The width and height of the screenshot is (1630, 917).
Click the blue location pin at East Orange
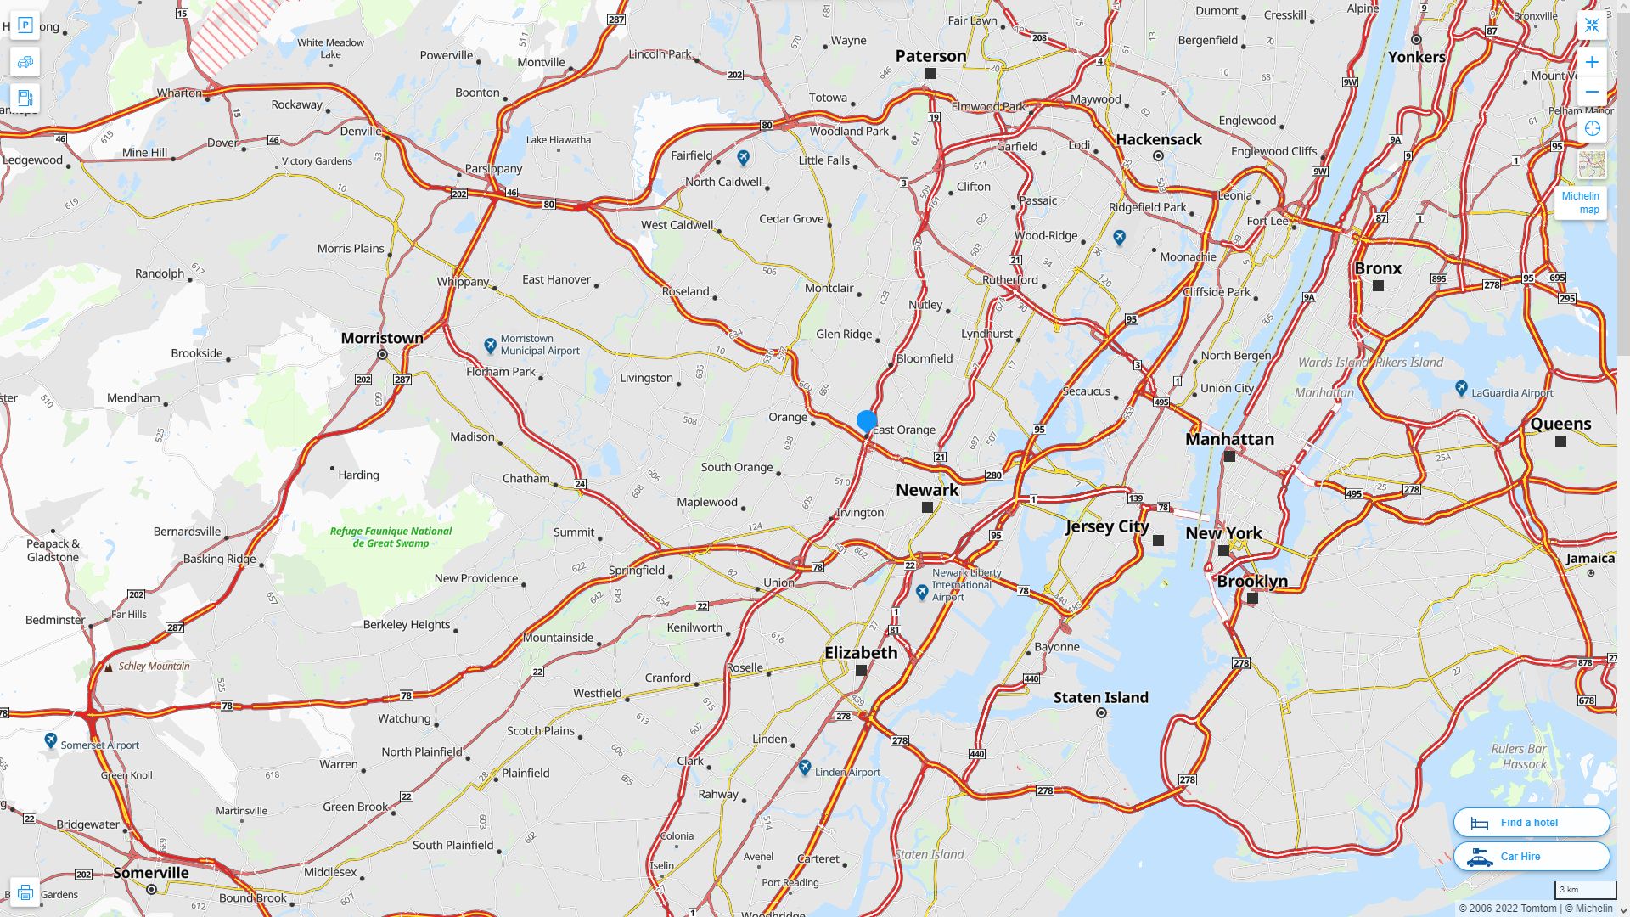click(x=866, y=421)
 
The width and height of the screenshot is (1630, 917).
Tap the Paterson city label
click(x=930, y=56)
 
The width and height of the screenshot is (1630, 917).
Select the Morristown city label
click(x=382, y=338)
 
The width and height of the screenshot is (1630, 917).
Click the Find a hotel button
click(x=1531, y=822)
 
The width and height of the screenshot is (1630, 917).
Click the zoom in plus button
click(x=1592, y=62)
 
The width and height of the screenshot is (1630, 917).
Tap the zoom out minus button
click(x=1592, y=92)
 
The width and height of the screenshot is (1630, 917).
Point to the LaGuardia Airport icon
click(x=1461, y=388)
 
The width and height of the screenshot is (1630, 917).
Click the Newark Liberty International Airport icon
click(x=922, y=592)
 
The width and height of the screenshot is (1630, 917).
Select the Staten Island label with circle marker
click(x=1100, y=698)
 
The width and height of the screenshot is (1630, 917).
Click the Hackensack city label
click(x=1158, y=139)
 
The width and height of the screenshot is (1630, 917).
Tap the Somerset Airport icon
click(x=51, y=740)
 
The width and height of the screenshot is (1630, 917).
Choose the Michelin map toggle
click(x=1581, y=202)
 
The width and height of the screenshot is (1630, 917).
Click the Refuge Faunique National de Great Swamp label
click(x=391, y=537)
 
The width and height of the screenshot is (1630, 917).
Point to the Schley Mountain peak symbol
click(x=109, y=667)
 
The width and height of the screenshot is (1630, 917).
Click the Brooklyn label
click(x=1252, y=582)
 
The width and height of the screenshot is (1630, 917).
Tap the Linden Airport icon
click(x=805, y=767)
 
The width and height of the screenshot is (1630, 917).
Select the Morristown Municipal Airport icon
click(x=490, y=345)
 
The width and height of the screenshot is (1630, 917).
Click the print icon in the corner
click(x=25, y=892)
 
